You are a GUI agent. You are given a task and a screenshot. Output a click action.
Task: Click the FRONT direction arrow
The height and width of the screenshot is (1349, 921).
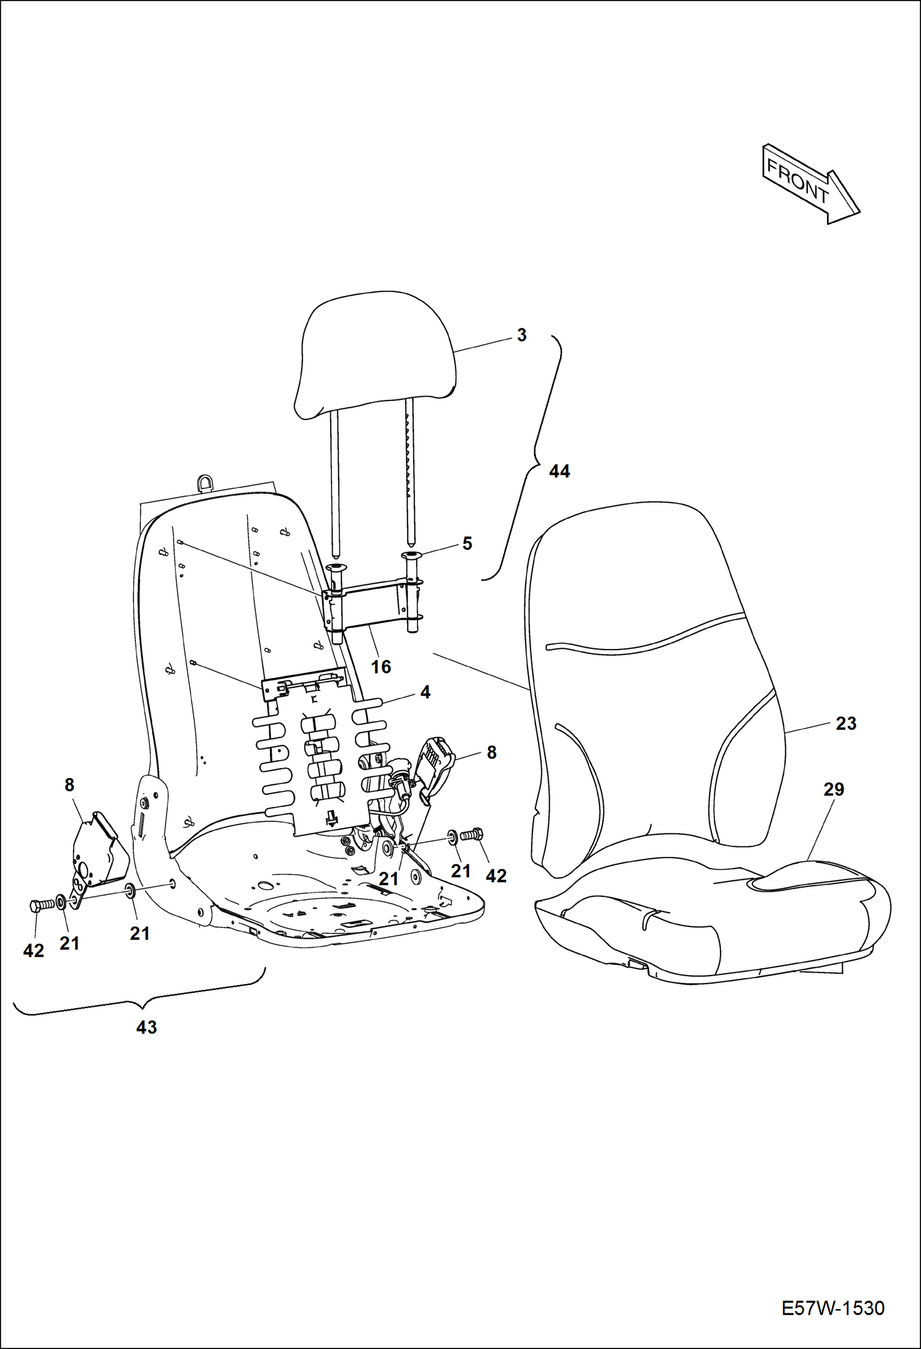(811, 183)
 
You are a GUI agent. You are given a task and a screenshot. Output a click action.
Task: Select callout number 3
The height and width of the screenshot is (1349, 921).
(521, 335)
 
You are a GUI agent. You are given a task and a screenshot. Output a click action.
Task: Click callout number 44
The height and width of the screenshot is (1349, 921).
(559, 471)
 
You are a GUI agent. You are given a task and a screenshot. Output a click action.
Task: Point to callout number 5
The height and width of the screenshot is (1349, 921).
(467, 543)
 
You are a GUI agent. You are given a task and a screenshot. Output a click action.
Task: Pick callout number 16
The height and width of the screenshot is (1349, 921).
(381, 666)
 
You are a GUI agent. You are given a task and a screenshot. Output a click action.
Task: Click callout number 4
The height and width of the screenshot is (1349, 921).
(425, 692)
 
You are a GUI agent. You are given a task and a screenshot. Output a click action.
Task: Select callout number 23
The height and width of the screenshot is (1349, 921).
(846, 723)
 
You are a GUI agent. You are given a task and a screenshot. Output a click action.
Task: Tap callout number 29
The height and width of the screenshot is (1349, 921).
(834, 789)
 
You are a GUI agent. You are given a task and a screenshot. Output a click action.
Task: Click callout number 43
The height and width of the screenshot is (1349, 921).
(146, 1027)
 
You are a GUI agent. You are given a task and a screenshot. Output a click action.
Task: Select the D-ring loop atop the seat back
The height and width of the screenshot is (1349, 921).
(206, 482)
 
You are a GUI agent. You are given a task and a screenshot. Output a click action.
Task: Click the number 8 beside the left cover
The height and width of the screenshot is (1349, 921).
(69, 785)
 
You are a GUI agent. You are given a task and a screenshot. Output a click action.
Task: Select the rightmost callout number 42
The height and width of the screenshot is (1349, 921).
(496, 876)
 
